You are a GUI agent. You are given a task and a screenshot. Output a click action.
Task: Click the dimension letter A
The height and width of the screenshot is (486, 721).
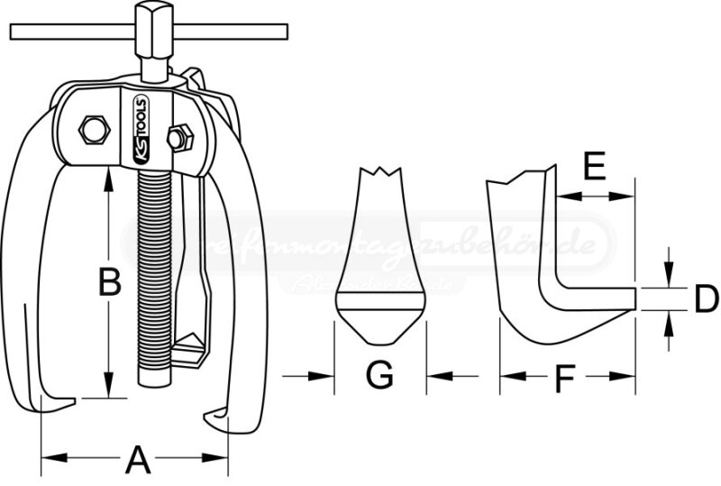coord(136,460)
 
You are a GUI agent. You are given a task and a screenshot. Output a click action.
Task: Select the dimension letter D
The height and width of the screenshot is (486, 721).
coord(706,298)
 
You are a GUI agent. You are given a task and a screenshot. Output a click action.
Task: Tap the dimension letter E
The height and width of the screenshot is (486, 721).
coord(593,166)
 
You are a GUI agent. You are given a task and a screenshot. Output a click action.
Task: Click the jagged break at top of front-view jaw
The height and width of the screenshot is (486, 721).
coord(379,173)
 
